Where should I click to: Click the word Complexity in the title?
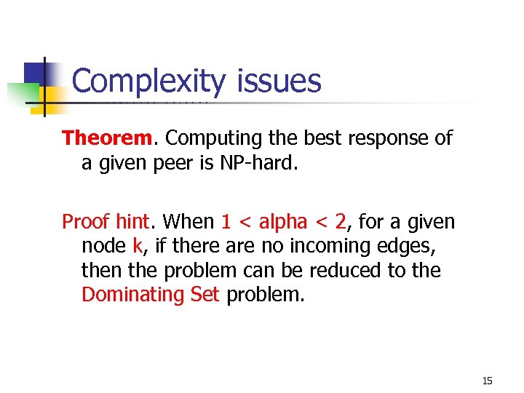click(149, 82)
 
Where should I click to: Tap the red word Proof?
click(84, 221)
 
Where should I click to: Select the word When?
click(188, 221)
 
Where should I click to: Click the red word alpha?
click(283, 221)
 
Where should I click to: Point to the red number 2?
click(341, 221)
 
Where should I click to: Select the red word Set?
click(201, 295)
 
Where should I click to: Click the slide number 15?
click(487, 381)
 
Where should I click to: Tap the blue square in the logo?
click(39, 75)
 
